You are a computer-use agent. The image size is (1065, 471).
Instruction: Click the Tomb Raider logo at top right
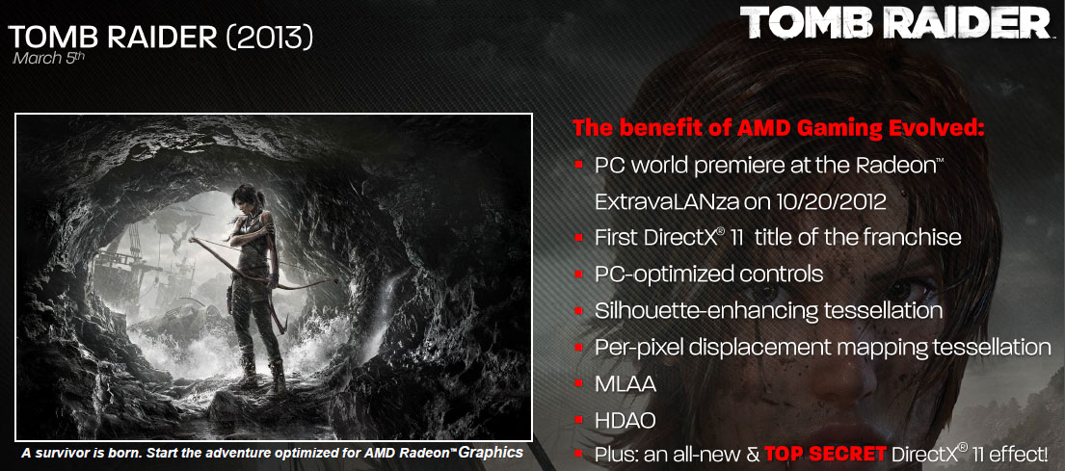pyautogui.click(x=896, y=23)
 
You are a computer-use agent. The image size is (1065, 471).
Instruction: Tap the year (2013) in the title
pyautogui.click(x=270, y=38)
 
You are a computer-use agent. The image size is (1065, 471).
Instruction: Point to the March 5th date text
pyautogui.click(x=49, y=58)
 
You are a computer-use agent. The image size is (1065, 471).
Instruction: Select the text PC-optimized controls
pyautogui.click(x=709, y=275)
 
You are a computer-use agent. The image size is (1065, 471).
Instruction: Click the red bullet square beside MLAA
pyautogui.click(x=578, y=384)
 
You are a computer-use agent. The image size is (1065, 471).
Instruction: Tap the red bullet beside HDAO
pyautogui.click(x=578, y=421)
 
